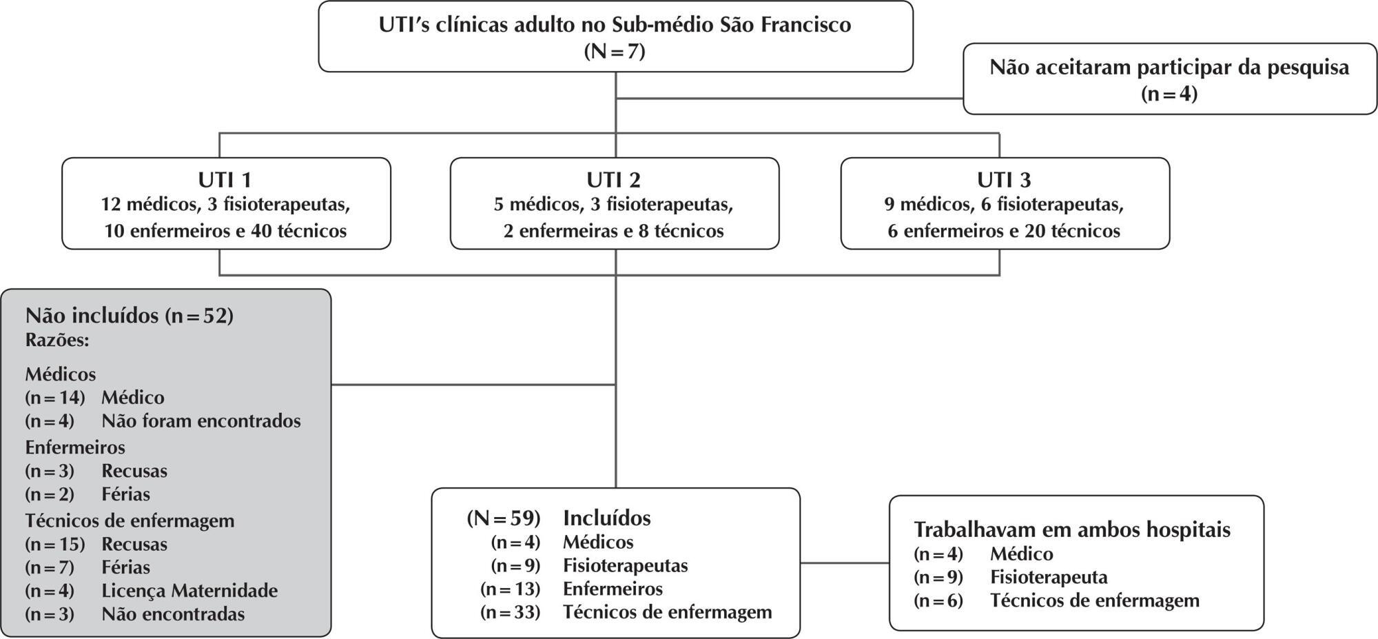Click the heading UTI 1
[225, 180]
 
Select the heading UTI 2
[614, 180]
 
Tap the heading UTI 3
[1004, 180]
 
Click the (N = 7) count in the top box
[615, 52]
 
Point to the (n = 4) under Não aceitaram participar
[1169, 94]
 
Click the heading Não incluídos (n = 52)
[130, 316]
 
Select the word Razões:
[57, 341]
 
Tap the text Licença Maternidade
[189, 591]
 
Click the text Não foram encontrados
[201, 420]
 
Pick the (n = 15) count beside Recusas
[55, 545]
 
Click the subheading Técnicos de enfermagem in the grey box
[130, 520]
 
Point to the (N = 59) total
[504, 518]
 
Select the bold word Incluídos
[607, 518]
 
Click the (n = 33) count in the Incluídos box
[511, 612]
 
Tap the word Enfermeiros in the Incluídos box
[613, 589]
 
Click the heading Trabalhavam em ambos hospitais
[1072, 529]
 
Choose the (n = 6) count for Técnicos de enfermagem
[938, 601]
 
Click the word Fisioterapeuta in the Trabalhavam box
[1049, 577]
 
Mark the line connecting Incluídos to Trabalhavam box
[845, 563]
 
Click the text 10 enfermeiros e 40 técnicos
[225, 231]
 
